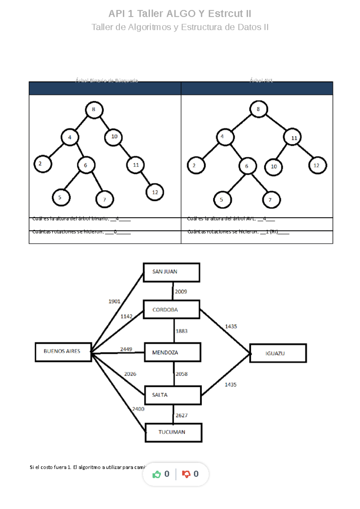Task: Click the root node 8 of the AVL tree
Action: click(x=258, y=109)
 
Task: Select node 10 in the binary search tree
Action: click(x=113, y=137)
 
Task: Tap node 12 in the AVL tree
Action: click(x=317, y=165)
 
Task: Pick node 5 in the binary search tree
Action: click(x=61, y=198)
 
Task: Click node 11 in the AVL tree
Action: click(x=292, y=138)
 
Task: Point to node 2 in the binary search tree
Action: click(x=43, y=164)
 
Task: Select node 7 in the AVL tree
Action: click(x=271, y=200)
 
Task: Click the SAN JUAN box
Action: click(x=171, y=272)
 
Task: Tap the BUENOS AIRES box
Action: click(x=63, y=352)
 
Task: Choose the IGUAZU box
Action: click(x=278, y=353)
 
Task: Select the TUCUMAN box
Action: click(x=173, y=432)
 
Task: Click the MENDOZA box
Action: click(x=172, y=352)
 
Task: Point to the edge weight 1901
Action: click(x=114, y=301)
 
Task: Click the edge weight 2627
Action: click(x=181, y=415)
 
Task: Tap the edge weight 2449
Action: click(x=126, y=349)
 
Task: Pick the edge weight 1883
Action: click(x=181, y=331)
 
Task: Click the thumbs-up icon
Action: click(x=157, y=474)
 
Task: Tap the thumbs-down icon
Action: click(x=186, y=474)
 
